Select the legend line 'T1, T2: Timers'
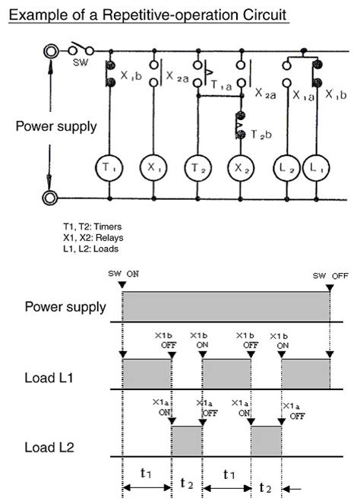(x=93, y=227)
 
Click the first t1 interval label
(x=147, y=473)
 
